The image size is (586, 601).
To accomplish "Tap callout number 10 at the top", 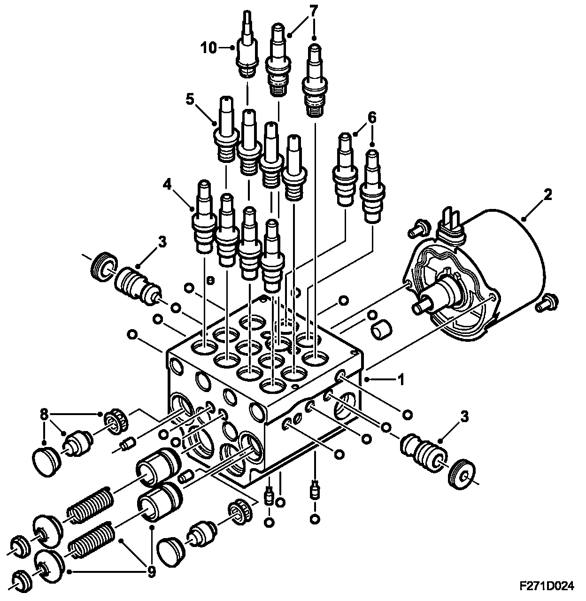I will coord(210,47).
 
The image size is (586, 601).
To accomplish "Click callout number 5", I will coord(189,100).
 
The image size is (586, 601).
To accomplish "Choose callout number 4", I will coord(372,119).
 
